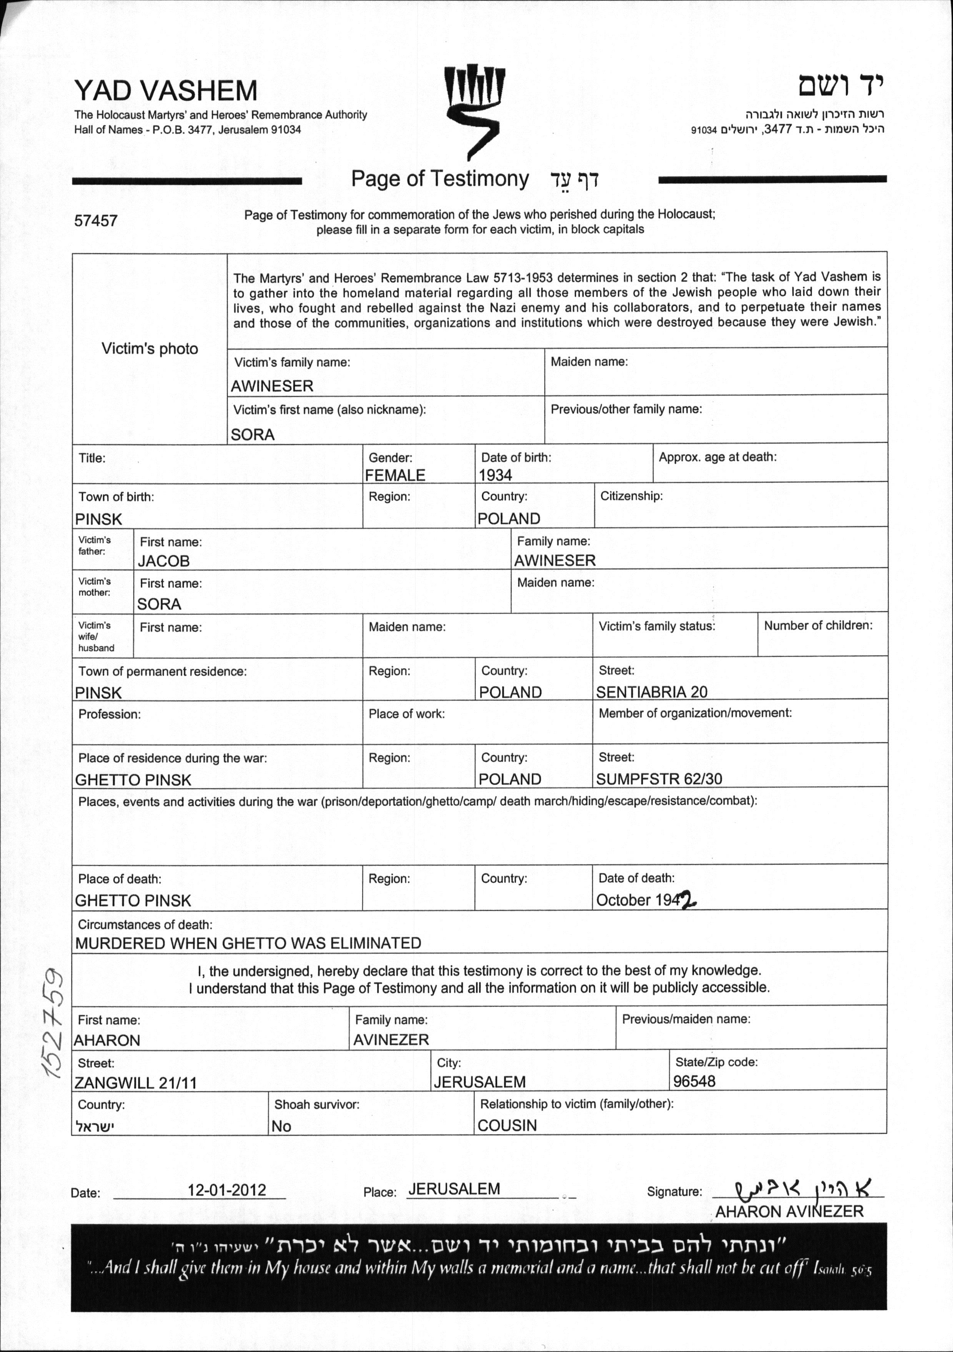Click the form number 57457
[x=96, y=221]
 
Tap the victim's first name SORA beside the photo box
[x=253, y=434]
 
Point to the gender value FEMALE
[x=395, y=475]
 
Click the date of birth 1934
[x=495, y=475]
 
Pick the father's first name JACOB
[x=164, y=561]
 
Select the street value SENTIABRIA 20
[x=651, y=692]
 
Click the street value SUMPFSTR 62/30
[x=659, y=779]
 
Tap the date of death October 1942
[x=646, y=900]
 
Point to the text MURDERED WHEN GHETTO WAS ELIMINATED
[x=248, y=943]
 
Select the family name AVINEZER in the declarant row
[x=391, y=1040]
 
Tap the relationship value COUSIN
[x=507, y=1125]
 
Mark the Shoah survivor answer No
[x=282, y=1126]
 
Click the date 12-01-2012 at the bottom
[x=227, y=1190]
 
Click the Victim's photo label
[x=149, y=349]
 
